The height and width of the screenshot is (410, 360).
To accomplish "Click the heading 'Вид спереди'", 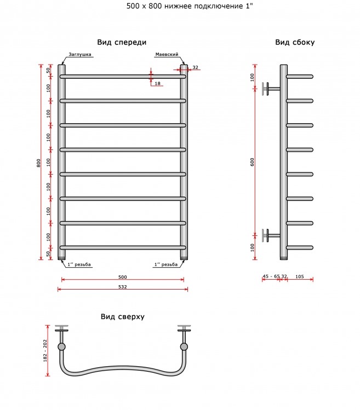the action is click(x=122, y=42).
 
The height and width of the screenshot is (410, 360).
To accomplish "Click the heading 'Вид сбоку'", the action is click(x=295, y=42).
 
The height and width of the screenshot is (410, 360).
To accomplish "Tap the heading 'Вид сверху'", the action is click(x=123, y=316).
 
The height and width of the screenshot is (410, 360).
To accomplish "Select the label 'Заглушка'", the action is click(x=80, y=54).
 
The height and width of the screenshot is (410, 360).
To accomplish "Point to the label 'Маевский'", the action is click(x=167, y=54).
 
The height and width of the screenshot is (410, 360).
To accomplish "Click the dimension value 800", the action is click(x=39, y=163).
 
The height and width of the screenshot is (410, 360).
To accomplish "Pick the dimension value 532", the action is click(x=123, y=287).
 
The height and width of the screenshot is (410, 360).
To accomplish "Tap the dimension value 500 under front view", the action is click(x=123, y=277).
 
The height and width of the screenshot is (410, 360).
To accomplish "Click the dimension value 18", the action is click(x=157, y=83).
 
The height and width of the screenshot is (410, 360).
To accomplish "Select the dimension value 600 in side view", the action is click(x=252, y=162).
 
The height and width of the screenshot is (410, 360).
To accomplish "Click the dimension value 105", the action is click(x=300, y=276).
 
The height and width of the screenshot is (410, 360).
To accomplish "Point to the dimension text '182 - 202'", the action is click(x=45, y=351).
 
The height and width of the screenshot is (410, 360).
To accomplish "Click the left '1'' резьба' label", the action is click(x=79, y=264).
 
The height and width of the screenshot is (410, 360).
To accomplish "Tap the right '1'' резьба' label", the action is click(x=166, y=264).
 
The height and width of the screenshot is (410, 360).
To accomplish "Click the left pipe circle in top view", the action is click(x=61, y=347).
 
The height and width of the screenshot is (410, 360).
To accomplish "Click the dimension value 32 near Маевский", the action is click(x=195, y=67).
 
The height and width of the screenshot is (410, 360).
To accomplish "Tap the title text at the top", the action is click(x=190, y=6).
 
